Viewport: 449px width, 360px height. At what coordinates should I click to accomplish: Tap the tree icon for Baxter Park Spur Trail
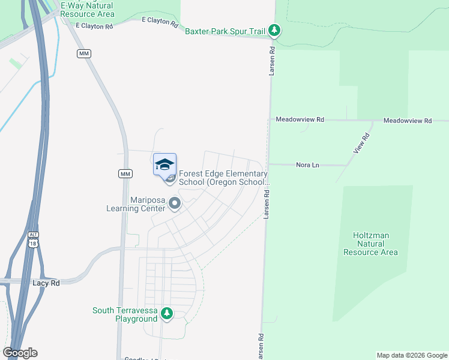click(x=274, y=30)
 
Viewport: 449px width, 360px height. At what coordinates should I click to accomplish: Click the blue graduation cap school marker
click(x=165, y=164)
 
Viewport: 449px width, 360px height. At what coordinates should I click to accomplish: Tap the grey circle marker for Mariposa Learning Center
click(x=175, y=204)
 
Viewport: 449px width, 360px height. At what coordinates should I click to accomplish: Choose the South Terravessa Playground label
click(x=125, y=314)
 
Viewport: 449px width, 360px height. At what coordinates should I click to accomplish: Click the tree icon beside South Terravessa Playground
click(x=167, y=313)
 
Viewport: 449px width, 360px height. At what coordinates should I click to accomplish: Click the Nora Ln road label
click(x=307, y=165)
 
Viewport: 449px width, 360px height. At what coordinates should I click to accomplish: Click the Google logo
click(x=20, y=353)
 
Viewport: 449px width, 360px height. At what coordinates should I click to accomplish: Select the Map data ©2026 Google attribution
click(x=411, y=355)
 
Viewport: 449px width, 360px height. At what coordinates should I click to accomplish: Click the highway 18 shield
click(x=34, y=243)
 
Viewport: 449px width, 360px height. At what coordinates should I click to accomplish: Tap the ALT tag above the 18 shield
click(x=34, y=234)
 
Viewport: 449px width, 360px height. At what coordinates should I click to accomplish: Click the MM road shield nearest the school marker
click(x=125, y=174)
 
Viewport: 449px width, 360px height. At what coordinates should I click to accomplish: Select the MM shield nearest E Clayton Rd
click(x=83, y=54)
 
